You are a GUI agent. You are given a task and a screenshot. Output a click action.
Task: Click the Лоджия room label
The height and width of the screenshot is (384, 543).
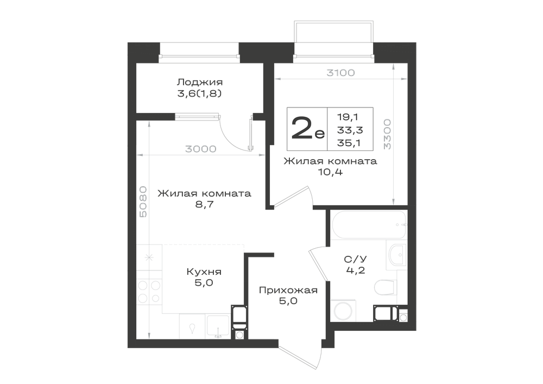coord(199,83)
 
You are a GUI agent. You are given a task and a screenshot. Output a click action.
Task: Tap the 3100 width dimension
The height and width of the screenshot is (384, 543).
coord(341,73)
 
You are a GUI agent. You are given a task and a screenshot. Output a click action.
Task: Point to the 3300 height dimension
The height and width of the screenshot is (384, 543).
coord(387,134)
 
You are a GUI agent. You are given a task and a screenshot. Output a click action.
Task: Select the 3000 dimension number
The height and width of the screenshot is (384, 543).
coord(200,149)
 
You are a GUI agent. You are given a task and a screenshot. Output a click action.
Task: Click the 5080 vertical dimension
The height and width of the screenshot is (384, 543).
coord(143,202)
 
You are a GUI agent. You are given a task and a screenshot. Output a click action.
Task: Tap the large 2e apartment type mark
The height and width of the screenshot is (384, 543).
coord(308,128)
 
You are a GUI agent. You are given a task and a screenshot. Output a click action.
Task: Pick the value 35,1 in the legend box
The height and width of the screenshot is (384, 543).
coord(349,143)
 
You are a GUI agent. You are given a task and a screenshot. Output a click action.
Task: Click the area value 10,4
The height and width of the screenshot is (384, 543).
coord(330,172)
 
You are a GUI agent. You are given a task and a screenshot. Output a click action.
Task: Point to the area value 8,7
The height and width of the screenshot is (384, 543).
coord(204,204)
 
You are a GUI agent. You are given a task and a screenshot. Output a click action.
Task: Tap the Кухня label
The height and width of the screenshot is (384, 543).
coord(204,272)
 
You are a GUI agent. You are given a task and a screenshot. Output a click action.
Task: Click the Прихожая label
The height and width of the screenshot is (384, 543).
coord(288,290)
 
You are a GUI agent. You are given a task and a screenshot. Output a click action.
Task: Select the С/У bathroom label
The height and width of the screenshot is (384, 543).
coord(356,259)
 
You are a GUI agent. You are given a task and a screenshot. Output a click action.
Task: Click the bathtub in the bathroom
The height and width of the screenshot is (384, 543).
coord(369,225)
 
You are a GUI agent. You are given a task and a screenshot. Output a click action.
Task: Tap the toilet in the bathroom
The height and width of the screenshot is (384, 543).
coord(385,287)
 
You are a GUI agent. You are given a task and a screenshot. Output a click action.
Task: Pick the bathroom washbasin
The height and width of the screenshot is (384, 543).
coord(397,255)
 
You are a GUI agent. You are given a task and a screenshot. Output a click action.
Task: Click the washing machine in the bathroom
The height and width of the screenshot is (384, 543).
coord(343,310)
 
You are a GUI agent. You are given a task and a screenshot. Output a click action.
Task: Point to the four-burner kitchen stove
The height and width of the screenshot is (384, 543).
coord(149,291)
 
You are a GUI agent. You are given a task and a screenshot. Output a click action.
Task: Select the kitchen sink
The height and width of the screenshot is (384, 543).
coord(218,326)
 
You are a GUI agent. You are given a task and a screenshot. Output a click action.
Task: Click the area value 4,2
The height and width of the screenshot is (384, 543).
coord(356,270)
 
